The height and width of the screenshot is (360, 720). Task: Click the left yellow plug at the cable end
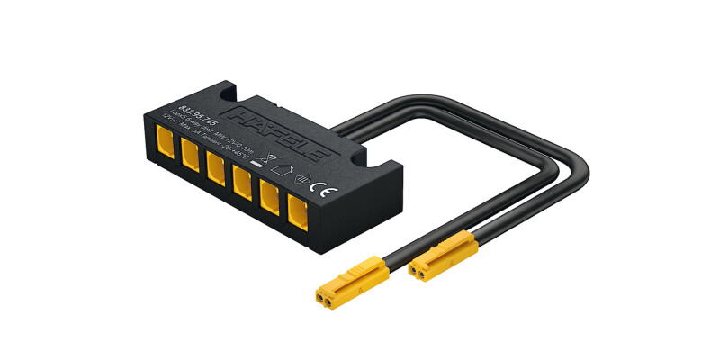click(x=351, y=280)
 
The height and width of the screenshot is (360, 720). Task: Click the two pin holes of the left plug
click(x=323, y=295)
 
